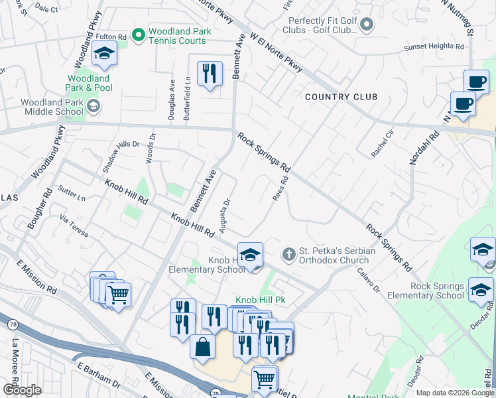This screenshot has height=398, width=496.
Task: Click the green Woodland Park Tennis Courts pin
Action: (x=139, y=34)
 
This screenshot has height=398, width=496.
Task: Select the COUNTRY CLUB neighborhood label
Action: (x=341, y=97)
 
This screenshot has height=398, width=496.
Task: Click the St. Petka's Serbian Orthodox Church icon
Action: (x=288, y=254)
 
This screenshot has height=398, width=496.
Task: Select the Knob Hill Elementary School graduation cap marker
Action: (x=251, y=255)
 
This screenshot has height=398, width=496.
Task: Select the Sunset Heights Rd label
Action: (x=434, y=46)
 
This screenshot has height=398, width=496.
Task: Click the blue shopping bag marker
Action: (x=202, y=346)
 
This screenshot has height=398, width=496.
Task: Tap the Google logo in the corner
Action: (x=22, y=390)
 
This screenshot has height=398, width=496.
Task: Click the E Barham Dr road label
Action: (x=97, y=375)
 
